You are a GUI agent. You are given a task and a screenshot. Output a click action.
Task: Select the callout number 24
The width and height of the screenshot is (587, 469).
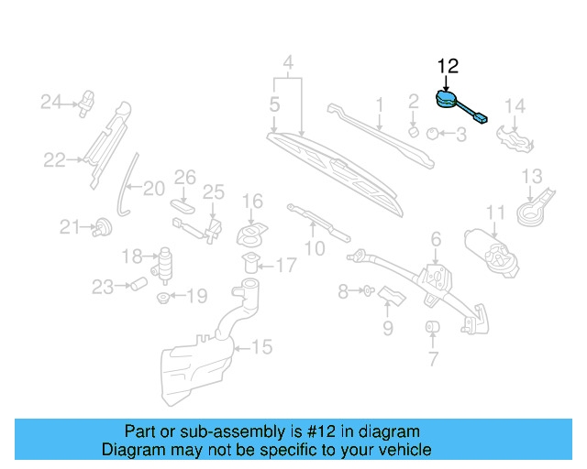tap(50, 101)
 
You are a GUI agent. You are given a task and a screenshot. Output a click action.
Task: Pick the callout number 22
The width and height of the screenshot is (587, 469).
tap(54, 160)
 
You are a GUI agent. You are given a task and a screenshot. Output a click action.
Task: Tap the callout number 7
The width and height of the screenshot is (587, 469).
tap(432, 360)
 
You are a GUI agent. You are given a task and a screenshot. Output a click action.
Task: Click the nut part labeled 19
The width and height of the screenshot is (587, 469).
tap(163, 297)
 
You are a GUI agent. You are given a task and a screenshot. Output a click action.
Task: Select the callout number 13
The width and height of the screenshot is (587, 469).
tap(531, 176)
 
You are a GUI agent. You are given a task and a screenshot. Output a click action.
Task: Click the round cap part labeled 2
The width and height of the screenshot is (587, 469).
tap(414, 131)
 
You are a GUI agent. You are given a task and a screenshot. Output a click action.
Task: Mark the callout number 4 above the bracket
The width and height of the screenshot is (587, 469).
tap(288, 63)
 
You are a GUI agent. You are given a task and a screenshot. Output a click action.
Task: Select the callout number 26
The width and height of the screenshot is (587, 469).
tap(185, 176)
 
